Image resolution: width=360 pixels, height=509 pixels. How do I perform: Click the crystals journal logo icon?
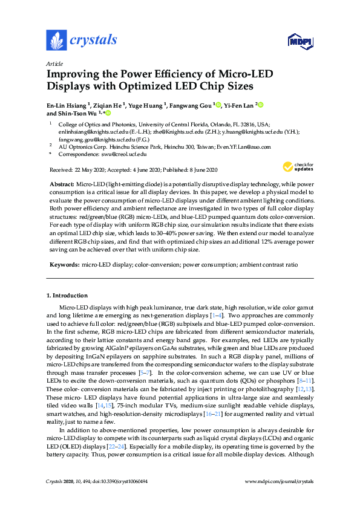56,41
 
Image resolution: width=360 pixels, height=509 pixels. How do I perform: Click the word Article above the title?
54,63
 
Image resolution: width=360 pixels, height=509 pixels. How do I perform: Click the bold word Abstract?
61,183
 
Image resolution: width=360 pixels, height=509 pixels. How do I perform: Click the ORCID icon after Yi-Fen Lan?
261,105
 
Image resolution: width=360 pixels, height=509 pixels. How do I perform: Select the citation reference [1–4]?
216,316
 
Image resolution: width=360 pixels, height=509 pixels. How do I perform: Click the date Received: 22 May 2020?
74,170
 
